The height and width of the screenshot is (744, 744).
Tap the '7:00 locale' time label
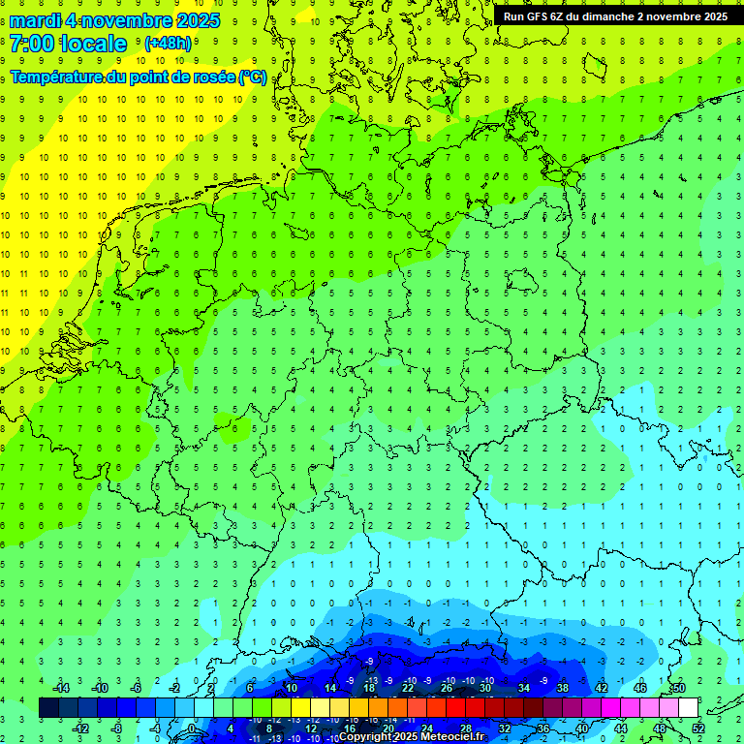(68, 44)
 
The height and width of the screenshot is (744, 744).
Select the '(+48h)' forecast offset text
(168, 44)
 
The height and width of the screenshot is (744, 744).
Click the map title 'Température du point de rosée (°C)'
(138, 77)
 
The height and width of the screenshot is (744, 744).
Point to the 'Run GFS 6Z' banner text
(535, 16)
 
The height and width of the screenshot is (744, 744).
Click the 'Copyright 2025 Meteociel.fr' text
(412, 737)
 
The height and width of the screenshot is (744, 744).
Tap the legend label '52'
(697, 728)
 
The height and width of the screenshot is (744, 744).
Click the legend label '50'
(678, 688)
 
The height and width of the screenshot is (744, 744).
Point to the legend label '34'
(523, 688)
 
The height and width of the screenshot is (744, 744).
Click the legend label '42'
(601, 688)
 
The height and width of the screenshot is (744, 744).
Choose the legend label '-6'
(136, 688)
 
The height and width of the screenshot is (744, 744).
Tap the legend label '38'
(562, 688)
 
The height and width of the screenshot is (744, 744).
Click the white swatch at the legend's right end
(688, 707)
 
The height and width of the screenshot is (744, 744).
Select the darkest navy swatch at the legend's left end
(49, 707)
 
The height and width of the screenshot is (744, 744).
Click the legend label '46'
(639, 688)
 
